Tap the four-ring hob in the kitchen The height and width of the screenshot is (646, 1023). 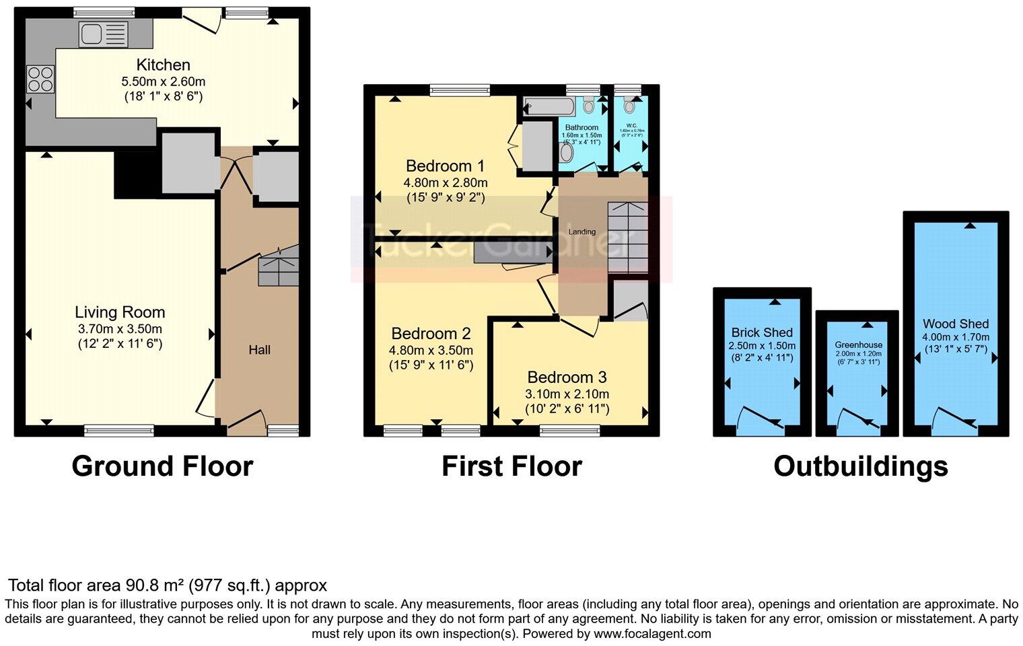point(40,79)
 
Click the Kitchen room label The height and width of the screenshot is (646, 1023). point(163,65)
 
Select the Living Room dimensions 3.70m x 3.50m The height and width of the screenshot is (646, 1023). point(120,329)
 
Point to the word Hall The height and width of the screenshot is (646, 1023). point(259,350)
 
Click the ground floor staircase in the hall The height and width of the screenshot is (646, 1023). point(278,266)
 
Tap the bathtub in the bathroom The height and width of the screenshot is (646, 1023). point(549,106)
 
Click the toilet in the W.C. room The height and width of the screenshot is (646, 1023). point(630,105)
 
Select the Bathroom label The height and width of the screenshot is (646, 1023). point(581,127)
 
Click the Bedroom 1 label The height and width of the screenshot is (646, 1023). point(445,166)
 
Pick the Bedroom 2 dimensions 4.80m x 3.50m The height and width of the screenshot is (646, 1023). point(431,351)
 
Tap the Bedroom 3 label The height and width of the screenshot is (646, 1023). point(566,378)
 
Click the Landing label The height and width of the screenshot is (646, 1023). point(581,231)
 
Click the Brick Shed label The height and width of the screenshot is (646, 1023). point(762,332)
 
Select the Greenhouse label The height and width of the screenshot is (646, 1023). point(858,345)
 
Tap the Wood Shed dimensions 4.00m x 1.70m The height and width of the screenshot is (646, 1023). point(956,337)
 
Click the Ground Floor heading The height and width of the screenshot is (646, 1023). point(162,466)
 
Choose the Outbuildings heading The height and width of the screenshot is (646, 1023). point(860,466)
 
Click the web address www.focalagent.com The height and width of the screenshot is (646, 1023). point(651,634)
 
